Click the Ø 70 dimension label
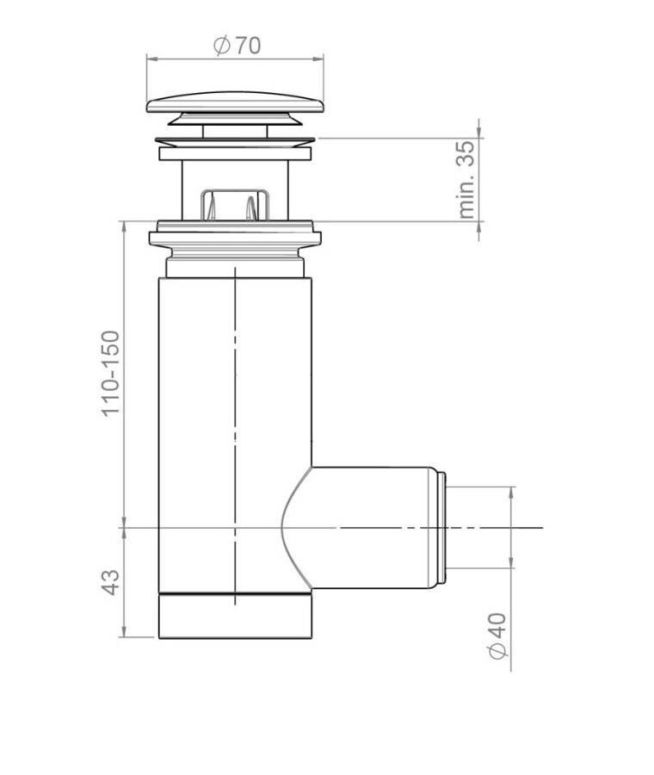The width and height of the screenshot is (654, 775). click(x=238, y=46)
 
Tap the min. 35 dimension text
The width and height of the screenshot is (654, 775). click(x=466, y=179)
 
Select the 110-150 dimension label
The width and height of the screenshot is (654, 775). click(x=111, y=374)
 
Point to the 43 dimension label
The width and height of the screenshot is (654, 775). click(x=111, y=582)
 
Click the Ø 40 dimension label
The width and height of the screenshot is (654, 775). click(x=498, y=635)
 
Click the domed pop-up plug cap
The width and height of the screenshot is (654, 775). click(x=235, y=102)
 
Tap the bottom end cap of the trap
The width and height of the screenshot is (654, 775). click(x=235, y=616)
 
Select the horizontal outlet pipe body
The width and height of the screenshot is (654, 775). click(x=366, y=527)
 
